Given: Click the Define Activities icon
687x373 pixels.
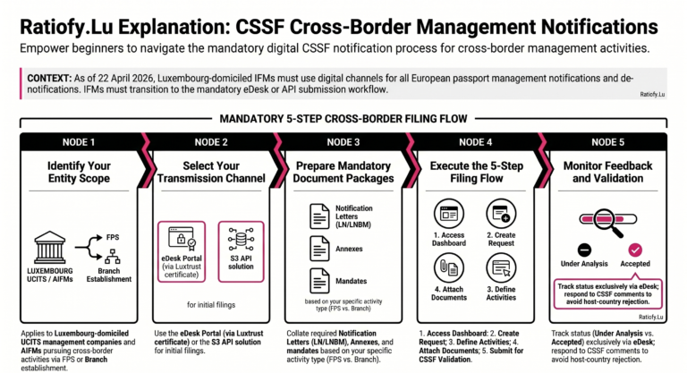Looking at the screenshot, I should pyautogui.click(x=501, y=267).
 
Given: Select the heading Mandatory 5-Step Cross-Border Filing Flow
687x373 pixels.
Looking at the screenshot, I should pyautogui.click(x=343, y=118).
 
